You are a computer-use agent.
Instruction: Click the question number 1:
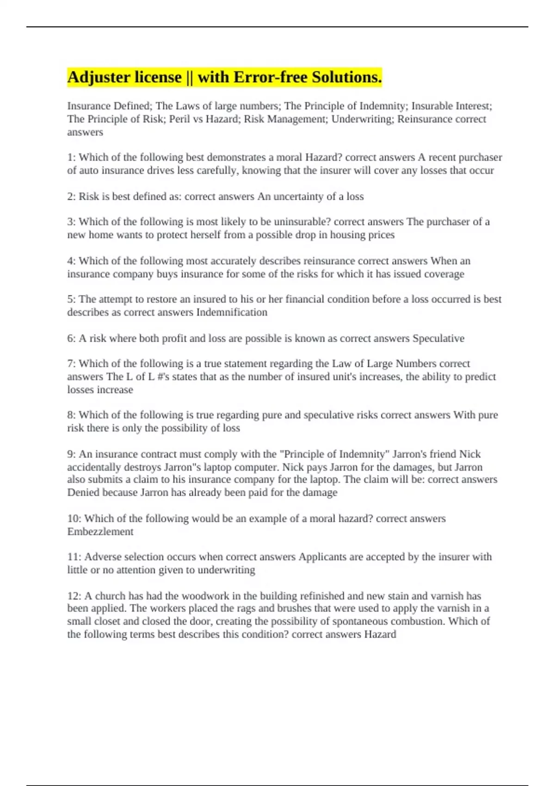coord(71,158)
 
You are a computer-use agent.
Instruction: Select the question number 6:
coord(71,338)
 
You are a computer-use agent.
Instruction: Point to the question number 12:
coord(74,596)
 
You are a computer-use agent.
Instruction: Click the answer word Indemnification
coord(232,313)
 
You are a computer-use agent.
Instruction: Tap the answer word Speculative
coord(438,338)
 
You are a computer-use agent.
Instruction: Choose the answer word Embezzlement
coord(100,532)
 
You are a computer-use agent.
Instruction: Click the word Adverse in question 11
coord(100,557)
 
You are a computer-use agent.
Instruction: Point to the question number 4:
coord(71,261)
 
